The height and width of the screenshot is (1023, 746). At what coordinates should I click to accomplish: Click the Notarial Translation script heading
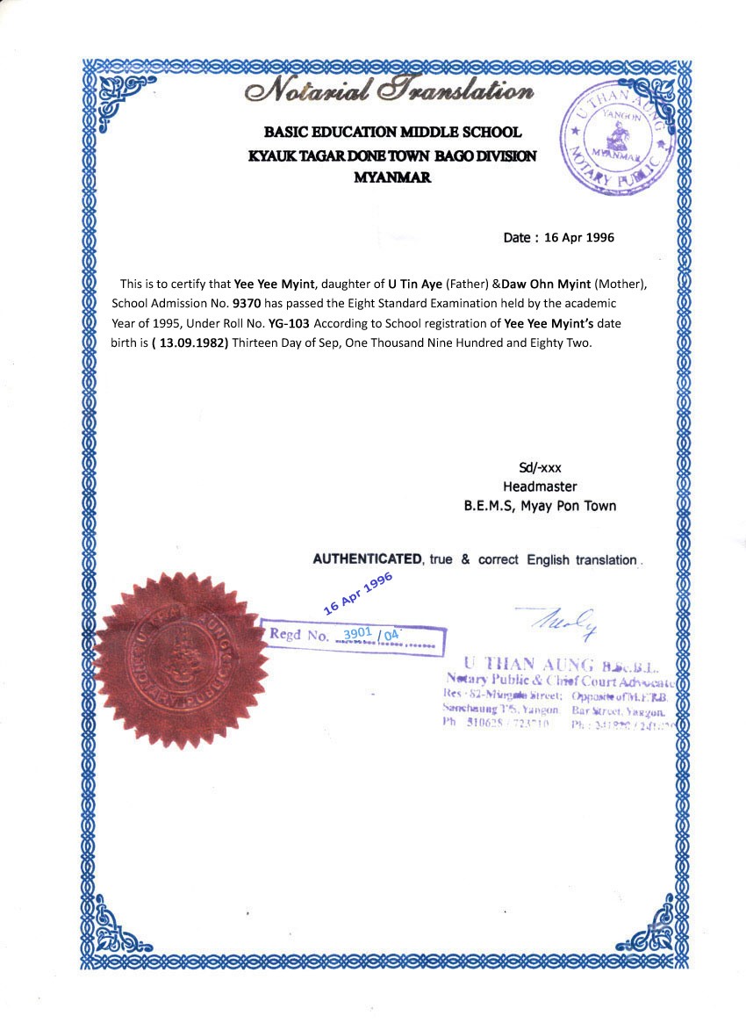click(391, 90)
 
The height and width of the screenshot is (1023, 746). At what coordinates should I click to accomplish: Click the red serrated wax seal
click(182, 660)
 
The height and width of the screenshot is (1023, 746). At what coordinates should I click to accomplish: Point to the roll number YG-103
click(289, 322)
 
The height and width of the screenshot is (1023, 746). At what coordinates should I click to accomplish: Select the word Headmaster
click(540, 486)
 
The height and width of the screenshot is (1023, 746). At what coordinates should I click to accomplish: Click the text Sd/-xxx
click(540, 468)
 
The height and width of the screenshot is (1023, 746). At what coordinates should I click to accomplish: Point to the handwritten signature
click(563, 620)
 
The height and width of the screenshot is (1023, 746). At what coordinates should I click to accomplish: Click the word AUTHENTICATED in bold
click(368, 559)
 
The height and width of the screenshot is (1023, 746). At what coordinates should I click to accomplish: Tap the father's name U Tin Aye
click(415, 285)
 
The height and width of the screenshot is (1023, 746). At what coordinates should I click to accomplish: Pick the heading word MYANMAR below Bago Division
click(391, 177)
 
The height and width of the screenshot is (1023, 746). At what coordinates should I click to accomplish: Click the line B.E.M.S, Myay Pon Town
click(540, 506)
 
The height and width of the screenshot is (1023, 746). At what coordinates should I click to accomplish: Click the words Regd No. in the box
click(298, 634)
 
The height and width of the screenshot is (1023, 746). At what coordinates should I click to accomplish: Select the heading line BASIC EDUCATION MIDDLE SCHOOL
click(392, 133)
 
